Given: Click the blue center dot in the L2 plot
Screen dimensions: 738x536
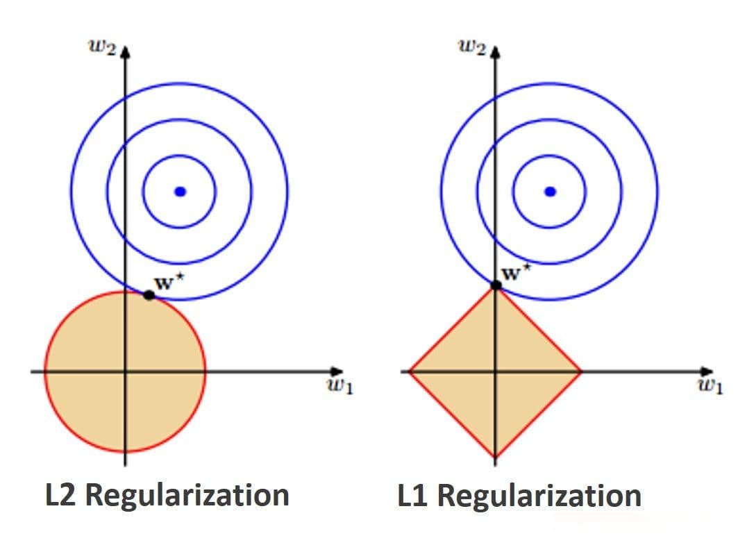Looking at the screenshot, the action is coord(181,192).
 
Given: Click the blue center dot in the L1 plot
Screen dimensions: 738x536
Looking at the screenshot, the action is coord(551,192).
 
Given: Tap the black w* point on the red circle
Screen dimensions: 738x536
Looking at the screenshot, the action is coord(149,296).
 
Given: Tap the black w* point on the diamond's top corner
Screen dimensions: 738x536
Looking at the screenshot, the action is coord(496,285).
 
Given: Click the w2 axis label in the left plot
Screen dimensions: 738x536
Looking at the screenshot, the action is coord(102,47).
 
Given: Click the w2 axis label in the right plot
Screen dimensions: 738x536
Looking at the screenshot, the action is coord(472,47).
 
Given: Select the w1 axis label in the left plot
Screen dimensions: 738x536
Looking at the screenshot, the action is coord(339,386).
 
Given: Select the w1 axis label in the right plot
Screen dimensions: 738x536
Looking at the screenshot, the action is coord(710,386).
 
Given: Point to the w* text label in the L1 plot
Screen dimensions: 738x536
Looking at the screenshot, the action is coord(517,272).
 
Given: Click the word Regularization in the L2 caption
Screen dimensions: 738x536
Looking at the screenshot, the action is coord(187,496).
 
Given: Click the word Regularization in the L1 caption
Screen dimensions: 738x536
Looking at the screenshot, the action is coord(539,496).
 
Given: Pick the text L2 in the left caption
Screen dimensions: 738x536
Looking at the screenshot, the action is coord(60,494).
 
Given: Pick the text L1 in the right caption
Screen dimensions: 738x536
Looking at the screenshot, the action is coord(412,494).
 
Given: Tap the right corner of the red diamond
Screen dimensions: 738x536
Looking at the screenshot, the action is coord(582,371).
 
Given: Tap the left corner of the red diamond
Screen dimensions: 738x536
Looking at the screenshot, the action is coord(408,371).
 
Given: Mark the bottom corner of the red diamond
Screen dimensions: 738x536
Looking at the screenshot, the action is coord(495,458).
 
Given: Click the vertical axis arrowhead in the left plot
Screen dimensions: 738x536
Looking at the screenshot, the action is coord(125,51).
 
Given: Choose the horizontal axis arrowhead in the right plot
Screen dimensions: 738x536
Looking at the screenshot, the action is coord(707,371).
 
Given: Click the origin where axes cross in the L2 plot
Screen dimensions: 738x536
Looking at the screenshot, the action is coord(125,371).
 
